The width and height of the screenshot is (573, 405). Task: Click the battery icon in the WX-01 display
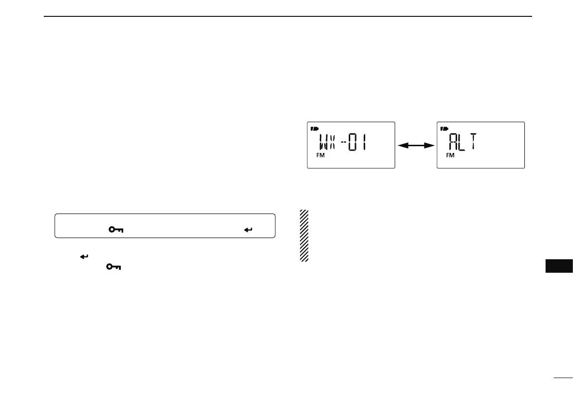point(314,128)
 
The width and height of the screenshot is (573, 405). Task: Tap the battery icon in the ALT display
point(444,128)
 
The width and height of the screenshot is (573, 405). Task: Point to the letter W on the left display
point(325,142)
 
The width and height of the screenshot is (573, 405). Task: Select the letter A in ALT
point(454,142)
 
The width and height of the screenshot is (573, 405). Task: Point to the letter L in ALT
point(464,142)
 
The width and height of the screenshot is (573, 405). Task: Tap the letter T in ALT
point(474,142)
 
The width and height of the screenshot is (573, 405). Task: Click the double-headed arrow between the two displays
point(416,145)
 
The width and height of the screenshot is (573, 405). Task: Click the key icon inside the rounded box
point(115,230)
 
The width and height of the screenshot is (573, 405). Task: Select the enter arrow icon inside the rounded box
point(248,230)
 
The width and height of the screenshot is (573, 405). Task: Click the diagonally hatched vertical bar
point(304,235)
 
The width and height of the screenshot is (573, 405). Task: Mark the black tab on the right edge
point(560,266)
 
